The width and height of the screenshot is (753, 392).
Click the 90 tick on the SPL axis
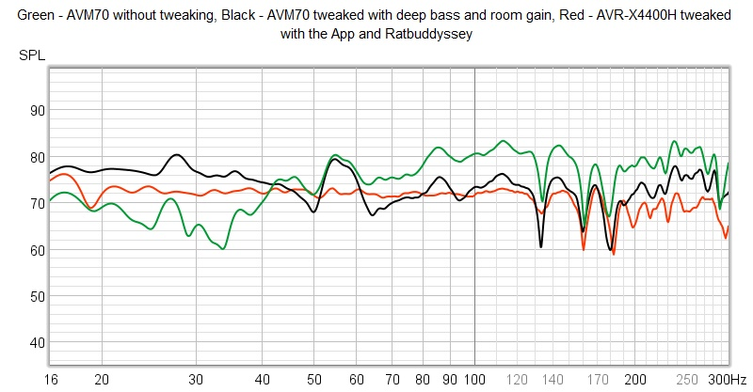[38, 110]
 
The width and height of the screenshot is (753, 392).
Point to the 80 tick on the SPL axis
[38, 157]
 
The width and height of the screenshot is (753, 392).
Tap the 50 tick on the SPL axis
[38, 296]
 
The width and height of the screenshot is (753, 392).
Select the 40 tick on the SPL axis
[38, 342]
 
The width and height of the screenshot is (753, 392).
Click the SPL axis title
[31, 55]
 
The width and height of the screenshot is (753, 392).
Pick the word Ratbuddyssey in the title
[437, 33]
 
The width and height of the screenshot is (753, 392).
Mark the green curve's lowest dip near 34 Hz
[222, 248]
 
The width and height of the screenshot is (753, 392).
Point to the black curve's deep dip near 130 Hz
[541, 246]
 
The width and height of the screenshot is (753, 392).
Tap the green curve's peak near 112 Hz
[503, 140]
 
